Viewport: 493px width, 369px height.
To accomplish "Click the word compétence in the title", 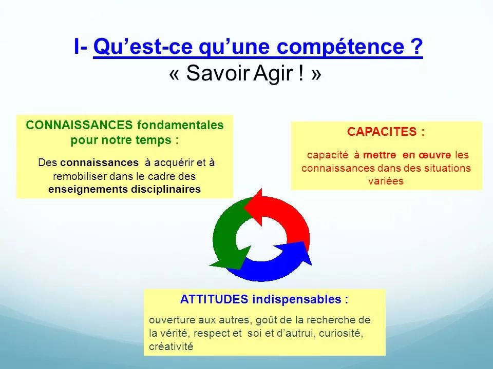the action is coord(340,47).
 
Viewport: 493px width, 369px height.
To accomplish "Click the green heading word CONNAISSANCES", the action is coord(79,125).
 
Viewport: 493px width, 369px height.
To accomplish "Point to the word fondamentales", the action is coord(180,125).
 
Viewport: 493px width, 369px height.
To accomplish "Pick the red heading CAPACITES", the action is coord(382,132).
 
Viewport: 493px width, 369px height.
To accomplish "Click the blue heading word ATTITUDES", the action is coord(214,299).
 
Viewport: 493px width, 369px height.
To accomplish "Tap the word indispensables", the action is coord(297,299).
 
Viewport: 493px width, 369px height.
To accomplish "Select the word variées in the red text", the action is coord(386,181).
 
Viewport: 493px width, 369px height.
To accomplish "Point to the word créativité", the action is coord(171,346).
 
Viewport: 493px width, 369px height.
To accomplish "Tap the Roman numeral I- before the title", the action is coord(81,47).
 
